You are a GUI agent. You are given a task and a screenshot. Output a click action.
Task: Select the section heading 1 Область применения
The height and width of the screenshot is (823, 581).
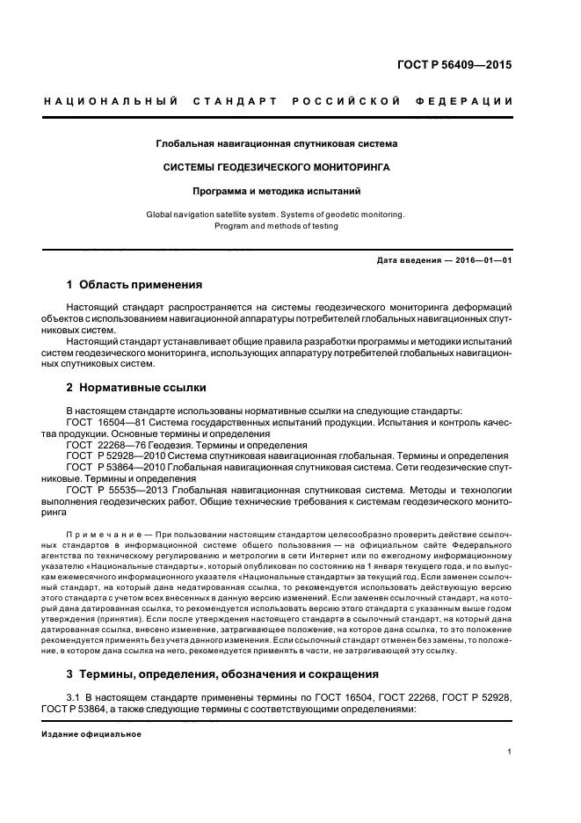(134, 285)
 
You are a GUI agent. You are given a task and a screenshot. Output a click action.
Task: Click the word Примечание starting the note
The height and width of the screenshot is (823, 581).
(99, 534)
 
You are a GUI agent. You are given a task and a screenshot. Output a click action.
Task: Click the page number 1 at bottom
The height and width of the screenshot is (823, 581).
(510, 752)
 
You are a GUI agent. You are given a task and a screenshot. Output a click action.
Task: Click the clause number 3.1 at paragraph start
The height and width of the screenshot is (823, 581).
(74, 697)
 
